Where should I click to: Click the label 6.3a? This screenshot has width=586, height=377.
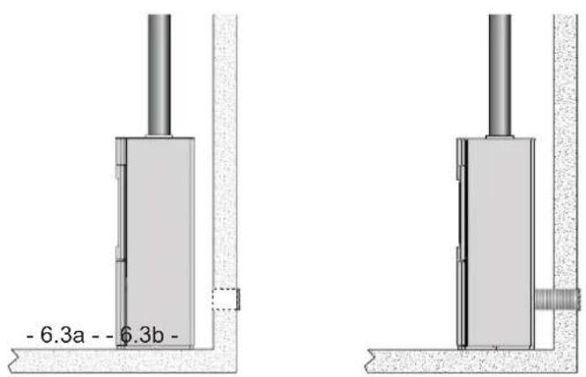pyautogui.click(x=62, y=335)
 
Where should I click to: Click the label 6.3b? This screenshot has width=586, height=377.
pyautogui.click(x=142, y=335)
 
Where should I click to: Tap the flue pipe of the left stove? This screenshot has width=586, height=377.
pyautogui.click(x=159, y=75)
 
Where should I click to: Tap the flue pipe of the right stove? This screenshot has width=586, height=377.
pyautogui.click(x=500, y=75)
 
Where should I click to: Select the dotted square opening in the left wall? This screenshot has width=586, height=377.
pyautogui.click(x=226, y=299)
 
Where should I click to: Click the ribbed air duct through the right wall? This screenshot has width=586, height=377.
pyautogui.click(x=557, y=299)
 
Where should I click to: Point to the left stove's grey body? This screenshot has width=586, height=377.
pyautogui.click(x=160, y=243)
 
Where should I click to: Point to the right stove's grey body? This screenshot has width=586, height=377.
pyautogui.click(x=501, y=243)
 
